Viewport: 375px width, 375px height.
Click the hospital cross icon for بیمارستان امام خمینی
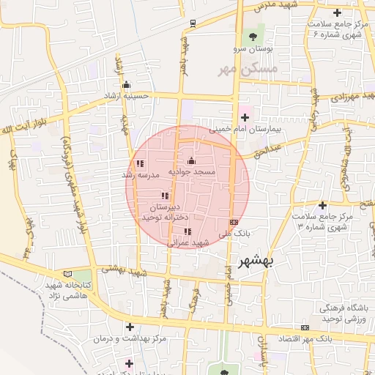pyautogui.click(x=244, y=116)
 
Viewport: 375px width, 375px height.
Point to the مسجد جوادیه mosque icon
pyautogui.click(x=192, y=160)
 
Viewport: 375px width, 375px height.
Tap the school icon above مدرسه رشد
pyautogui.click(x=140, y=164)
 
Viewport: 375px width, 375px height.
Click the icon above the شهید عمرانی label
pyautogui.click(x=188, y=231)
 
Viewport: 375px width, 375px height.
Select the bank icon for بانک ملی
pyautogui.click(x=234, y=221)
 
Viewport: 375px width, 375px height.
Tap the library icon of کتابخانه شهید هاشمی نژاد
pyautogui.click(x=67, y=272)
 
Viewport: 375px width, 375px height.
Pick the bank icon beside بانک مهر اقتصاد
pyautogui.click(x=305, y=327)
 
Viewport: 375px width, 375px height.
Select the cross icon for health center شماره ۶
pyautogui.click(x=337, y=12)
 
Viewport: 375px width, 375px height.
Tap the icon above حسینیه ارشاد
pyautogui.click(x=127, y=83)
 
